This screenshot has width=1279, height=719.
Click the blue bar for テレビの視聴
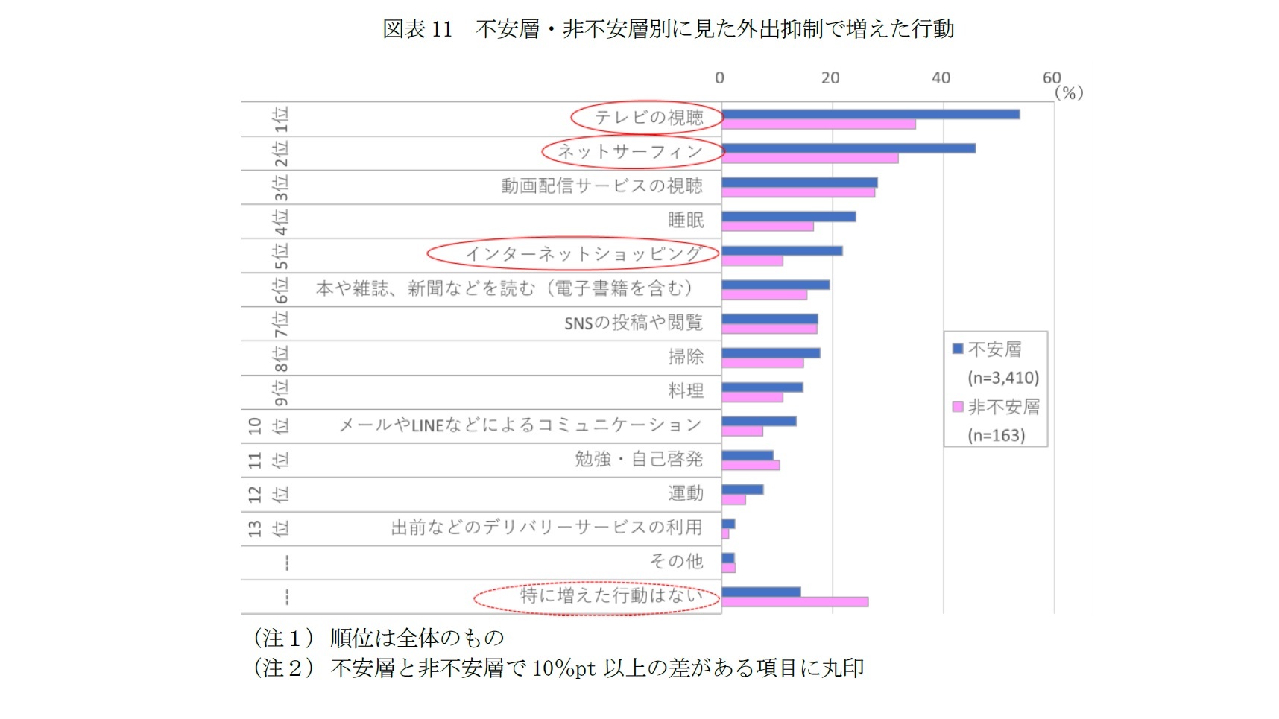tap(870, 114)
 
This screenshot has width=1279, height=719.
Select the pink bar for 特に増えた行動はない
tap(795, 602)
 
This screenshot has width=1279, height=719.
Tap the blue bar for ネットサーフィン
tap(848, 148)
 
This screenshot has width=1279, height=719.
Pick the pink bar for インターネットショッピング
tap(752, 261)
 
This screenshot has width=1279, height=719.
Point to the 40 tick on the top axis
tap(941, 78)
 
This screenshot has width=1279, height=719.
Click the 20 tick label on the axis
tap(830, 78)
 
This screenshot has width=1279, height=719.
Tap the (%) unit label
tap(1069, 93)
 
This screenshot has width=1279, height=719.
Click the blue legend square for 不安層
tap(958, 349)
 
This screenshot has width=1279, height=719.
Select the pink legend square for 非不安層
tap(958, 407)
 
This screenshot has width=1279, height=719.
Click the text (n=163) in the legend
tap(996, 435)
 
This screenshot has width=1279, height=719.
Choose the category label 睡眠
tap(685, 221)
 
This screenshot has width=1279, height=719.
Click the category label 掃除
tap(685, 357)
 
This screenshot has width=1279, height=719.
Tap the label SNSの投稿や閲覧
tap(633, 323)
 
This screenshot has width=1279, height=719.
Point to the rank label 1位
tap(280, 119)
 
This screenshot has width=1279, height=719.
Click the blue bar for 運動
tap(742, 490)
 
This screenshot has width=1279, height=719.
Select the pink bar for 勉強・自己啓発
tap(751, 466)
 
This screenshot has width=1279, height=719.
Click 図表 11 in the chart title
tap(417, 29)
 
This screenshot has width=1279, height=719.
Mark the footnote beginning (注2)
tap(559, 668)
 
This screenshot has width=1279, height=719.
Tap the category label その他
tap(676, 561)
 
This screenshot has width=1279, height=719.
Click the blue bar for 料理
tap(762, 387)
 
